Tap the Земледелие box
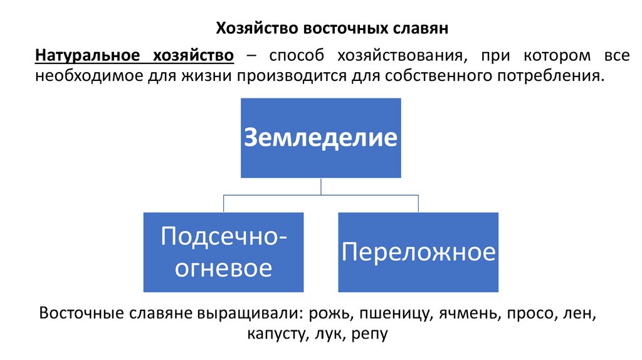(x=321, y=138)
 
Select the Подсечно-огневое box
(x=223, y=252)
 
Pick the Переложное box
(x=418, y=252)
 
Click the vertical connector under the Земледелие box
(x=321, y=186)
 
